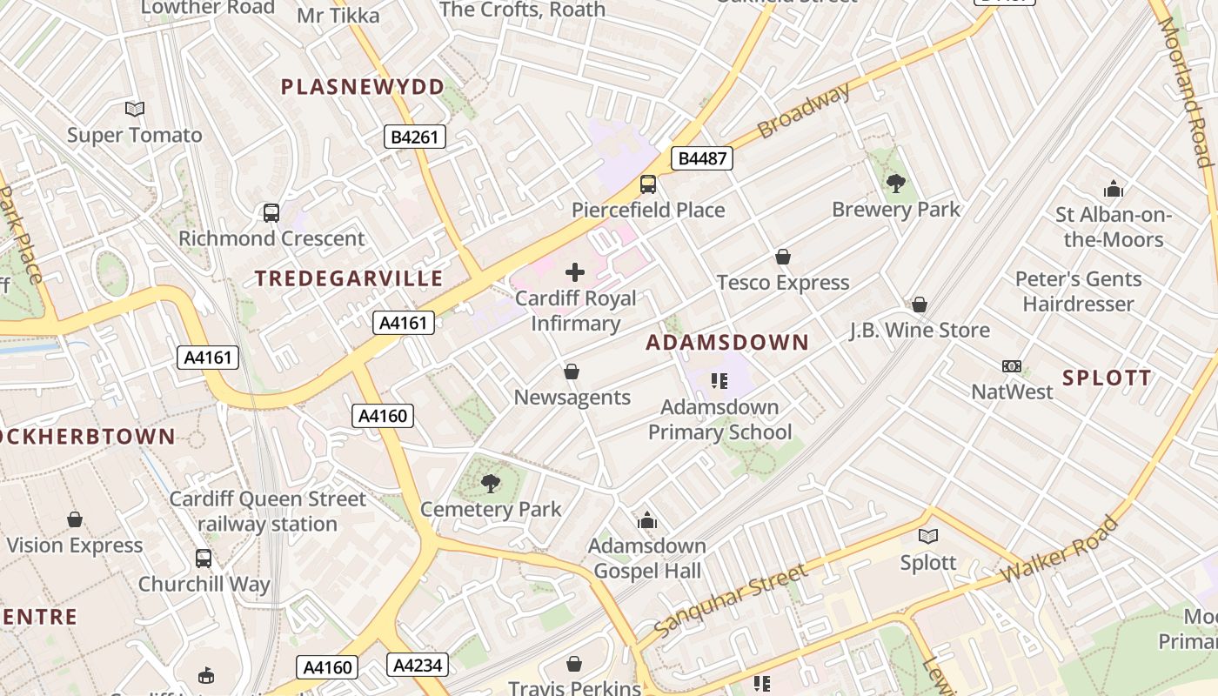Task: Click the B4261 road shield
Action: [414, 136]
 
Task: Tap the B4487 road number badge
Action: [701, 158]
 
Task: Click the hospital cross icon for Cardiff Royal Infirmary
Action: [575, 271]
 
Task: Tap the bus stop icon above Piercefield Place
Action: [648, 184]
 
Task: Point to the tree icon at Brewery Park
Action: [895, 183]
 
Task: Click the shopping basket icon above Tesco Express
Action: [783, 257]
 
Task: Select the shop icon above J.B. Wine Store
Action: [920, 304]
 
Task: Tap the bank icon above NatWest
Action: [1012, 366]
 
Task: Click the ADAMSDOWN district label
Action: [727, 343]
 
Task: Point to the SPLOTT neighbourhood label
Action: [1107, 378]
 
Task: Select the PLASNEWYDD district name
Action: [363, 87]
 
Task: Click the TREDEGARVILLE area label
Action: [349, 278]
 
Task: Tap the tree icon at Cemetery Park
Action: [491, 483]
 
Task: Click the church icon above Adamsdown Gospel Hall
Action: [647, 520]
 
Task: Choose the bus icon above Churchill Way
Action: [204, 559]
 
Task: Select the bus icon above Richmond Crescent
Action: [271, 212]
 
